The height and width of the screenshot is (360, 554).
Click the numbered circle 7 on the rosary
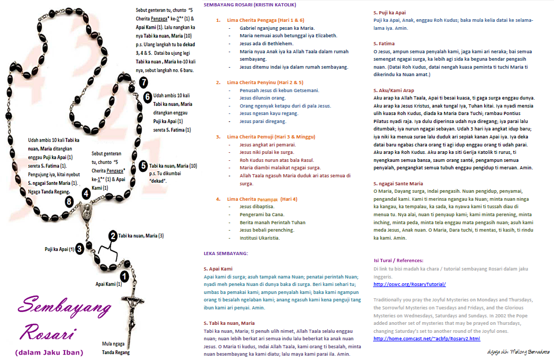point(144,82)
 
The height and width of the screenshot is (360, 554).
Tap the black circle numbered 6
point(147,97)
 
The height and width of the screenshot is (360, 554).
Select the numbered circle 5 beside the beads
point(143,166)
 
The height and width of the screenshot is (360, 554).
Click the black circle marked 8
point(69,201)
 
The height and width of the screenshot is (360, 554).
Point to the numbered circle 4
point(86,194)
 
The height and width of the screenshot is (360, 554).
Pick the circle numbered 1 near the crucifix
point(124,276)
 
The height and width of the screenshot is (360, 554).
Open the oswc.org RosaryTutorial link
point(409,284)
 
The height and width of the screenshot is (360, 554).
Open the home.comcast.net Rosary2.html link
point(427,338)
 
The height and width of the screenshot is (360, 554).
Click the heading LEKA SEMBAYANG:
point(226,253)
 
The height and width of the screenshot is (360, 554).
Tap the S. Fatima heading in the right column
point(383,43)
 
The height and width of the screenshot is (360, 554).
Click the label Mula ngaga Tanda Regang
point(115,348)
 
